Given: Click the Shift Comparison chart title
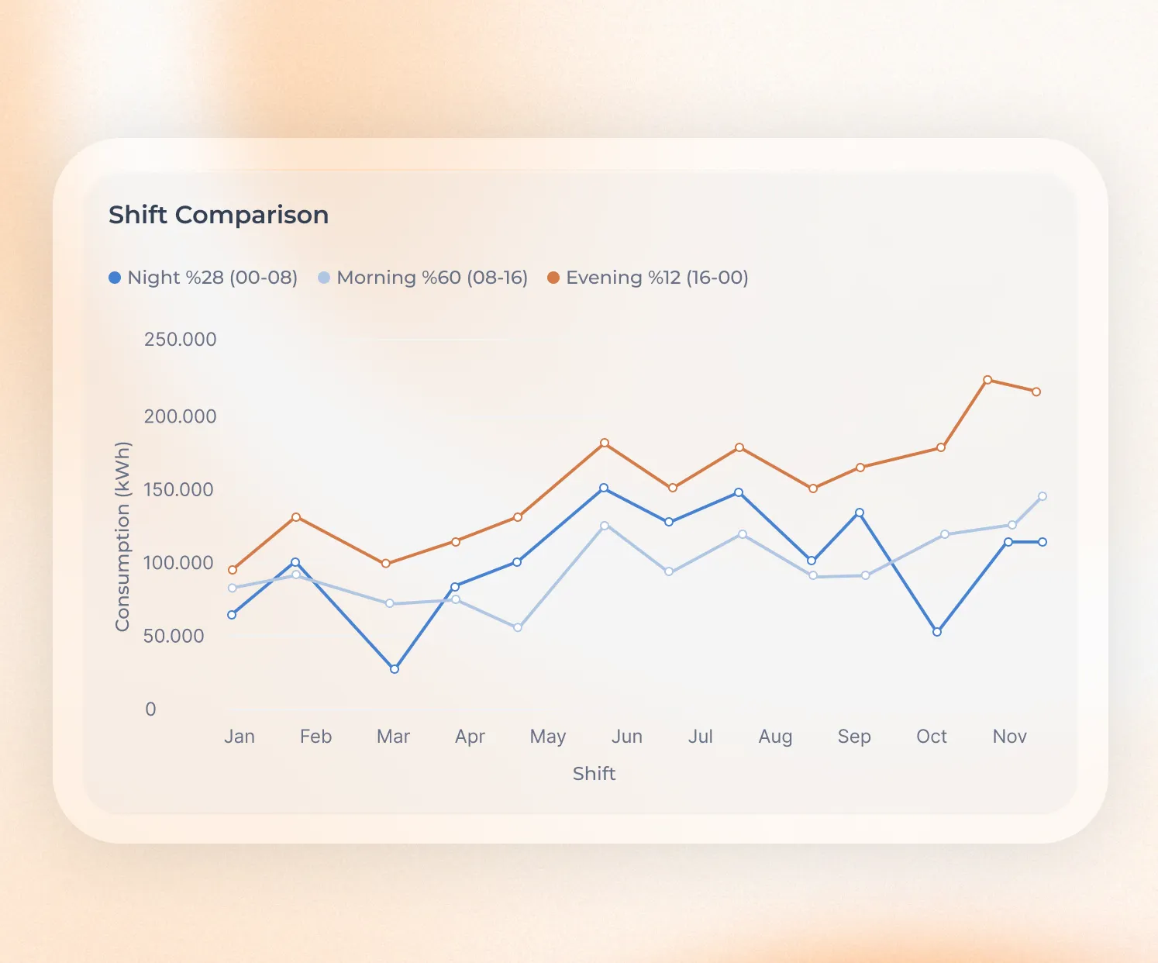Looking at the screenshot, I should (219, 215).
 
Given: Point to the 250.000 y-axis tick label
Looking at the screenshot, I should (180, 340).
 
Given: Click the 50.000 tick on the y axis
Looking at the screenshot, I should (174, 637).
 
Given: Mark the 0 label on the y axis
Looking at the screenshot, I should (150, 709).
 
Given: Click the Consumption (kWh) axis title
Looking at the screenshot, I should (122, 537).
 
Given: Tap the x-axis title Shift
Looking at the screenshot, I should (594, 774).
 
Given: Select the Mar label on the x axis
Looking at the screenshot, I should (393, 737).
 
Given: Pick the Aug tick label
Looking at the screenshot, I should (775, 737).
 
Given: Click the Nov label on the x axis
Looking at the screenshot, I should (1009, 737).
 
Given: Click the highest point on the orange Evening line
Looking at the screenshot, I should (987, 380).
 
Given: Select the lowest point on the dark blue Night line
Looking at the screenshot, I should (395, 669).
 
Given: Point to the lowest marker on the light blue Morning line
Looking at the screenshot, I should (518, 627).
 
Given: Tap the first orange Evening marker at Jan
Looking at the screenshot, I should (233, 570).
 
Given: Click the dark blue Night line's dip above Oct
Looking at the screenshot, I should (937, 632).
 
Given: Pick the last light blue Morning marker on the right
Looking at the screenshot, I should (1043, 496).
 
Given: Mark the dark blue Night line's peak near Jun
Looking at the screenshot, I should (604, 488).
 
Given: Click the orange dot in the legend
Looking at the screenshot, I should (553, 278).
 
